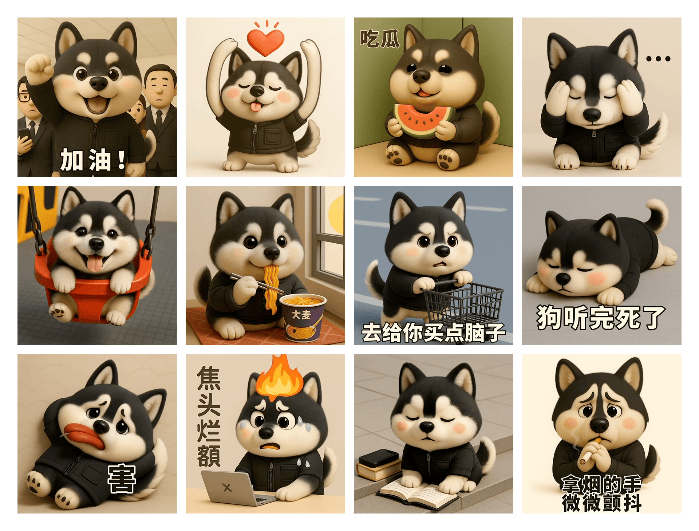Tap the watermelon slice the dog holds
[x=423, y=118]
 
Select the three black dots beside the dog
[x=658, y=59]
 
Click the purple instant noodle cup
[x=303, y=319]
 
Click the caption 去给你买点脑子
[x=433, y=332]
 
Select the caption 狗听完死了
[x=601, y=318]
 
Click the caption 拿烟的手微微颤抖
[x=601, y=493]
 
